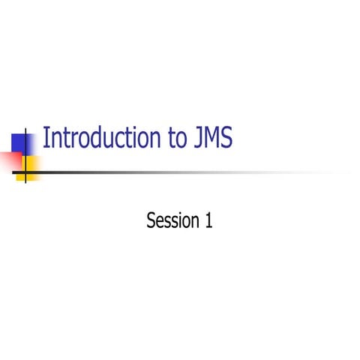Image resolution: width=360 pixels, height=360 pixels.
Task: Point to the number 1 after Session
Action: tap(208, 220)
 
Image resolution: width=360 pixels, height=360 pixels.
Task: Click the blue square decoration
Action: tap(21, 142)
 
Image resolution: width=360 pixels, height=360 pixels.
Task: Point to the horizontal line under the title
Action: tap(187, 173)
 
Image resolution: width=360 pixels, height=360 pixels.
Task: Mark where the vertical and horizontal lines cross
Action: tap(27, 173)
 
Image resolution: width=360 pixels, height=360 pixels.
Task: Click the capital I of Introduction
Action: tap(46, 139)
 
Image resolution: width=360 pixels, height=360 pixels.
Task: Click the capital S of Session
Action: tap(151, 220)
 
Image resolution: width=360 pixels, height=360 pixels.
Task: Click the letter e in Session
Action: tap(160, 222)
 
